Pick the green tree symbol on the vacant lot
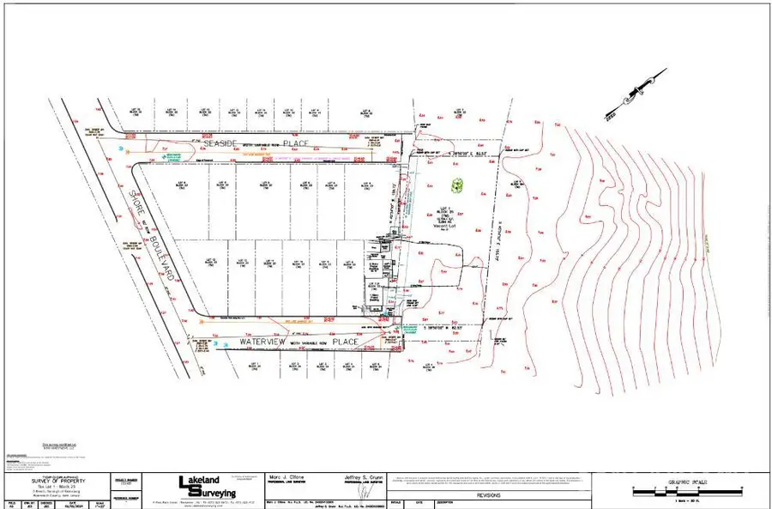point(456,183)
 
